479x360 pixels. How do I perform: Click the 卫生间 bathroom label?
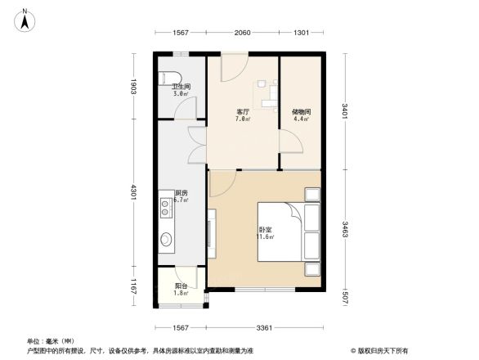[181, 86]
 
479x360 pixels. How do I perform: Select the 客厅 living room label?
[243, 111]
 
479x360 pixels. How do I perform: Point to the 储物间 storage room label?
[301, 111]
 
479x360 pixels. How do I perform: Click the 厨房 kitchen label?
[181, 193]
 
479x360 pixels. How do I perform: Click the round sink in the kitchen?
[166, 240]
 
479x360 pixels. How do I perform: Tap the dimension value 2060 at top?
[242, 33]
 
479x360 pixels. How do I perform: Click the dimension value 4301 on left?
[132, 196]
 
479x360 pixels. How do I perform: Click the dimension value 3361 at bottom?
[263, 328]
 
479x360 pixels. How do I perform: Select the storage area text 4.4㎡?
[301, 119]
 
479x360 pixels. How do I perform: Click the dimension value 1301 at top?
[301, 33]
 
